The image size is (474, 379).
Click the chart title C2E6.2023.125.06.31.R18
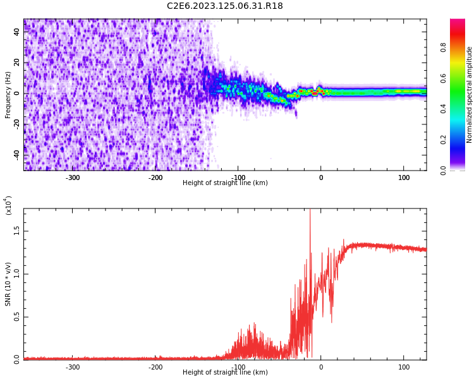[x=225, y=6]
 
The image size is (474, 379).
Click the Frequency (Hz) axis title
[x=8, y=95]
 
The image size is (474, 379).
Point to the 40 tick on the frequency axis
[x=17, y=32]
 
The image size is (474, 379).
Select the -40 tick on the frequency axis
[x=17, y=155]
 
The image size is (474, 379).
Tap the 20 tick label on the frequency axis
[x=17, y=63]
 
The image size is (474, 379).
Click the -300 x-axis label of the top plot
[x=73, y=178]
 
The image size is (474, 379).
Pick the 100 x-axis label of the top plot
[x=404, y=178]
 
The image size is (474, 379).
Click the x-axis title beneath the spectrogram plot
[x=225, y=183]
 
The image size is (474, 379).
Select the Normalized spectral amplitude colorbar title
[x=470, y=95]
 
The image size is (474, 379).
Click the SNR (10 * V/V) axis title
[x=8, y=284]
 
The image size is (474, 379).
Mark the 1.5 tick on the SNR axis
[x=17, y=231]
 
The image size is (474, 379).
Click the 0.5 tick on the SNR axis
[x=17, y=317]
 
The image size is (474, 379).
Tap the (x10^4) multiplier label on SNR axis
[x=9, y=205]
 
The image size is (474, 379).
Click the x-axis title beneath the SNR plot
[x=225, y=373]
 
